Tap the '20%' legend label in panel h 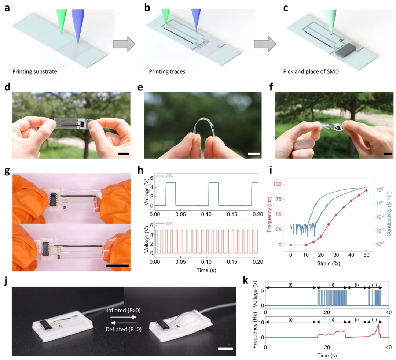point(169,176)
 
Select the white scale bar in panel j point(225,348)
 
